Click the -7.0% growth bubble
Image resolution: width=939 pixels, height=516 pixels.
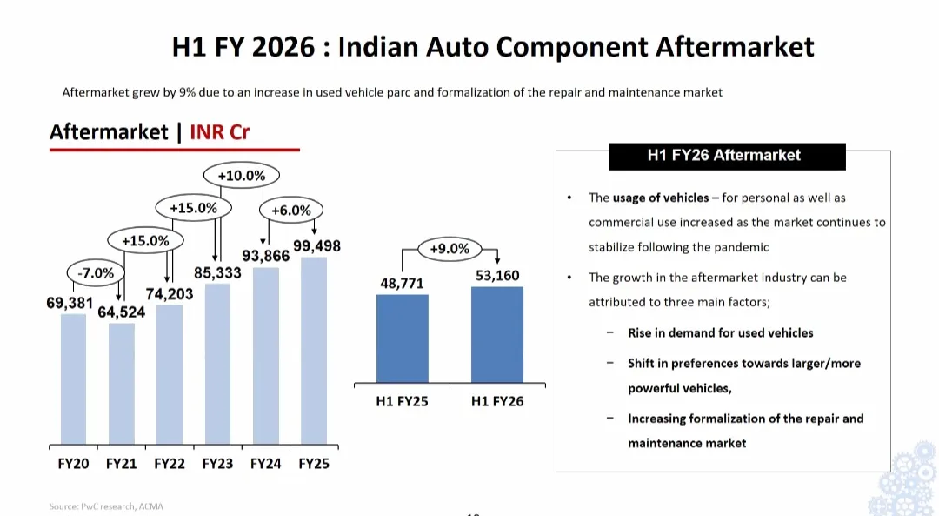tap(96, 273)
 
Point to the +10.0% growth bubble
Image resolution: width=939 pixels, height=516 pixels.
tap(242, 176)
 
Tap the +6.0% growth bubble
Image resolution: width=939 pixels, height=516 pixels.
tap(291, 210)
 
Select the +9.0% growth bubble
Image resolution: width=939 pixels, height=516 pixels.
tap(450, 249)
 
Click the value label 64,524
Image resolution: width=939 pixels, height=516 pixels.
tap(122, 312)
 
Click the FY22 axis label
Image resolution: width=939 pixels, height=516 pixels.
tap(170, 464)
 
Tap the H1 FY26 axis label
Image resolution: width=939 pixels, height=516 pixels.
tap(497, 402)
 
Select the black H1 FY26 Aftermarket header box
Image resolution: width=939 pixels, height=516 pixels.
tap(724, 156)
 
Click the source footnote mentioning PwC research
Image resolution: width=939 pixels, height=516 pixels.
tap(106, 506)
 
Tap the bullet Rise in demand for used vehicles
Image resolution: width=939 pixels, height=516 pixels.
tap(721, 332)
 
